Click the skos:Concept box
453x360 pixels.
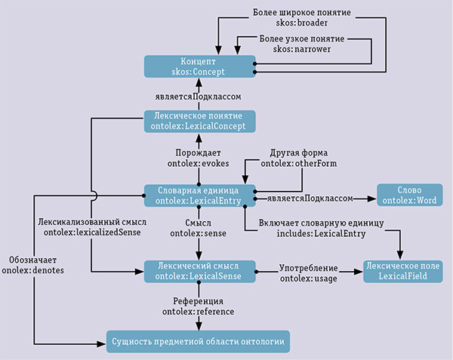click(199, 66)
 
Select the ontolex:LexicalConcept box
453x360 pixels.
click(199, 122)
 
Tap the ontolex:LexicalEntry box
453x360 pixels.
click(199, 195)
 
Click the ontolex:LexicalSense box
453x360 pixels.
click(199, 272)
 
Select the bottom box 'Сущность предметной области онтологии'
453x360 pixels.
click(198, 342)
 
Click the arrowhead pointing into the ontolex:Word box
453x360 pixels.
click(371, 198)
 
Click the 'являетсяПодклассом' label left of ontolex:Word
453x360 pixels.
click(310, 198)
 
